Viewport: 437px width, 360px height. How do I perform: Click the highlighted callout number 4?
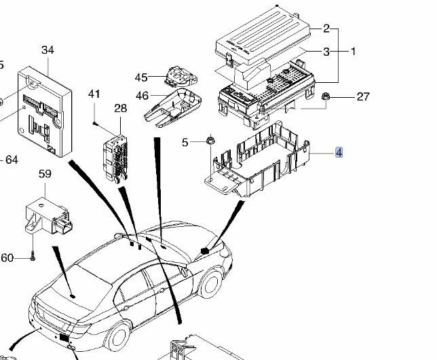click(339, 153)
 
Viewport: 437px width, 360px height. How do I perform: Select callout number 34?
click(47, 50)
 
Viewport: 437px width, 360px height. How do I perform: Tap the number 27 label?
click(363, 96)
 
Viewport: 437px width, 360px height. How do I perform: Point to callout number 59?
click(45, 174)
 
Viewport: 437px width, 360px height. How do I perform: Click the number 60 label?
click(7, 257)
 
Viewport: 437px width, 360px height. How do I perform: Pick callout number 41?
click(94, 94)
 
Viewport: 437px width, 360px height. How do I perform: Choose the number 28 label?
click(120, 109)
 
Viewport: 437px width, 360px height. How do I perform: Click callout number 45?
click(140, 78)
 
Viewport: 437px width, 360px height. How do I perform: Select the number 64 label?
click(11, 160)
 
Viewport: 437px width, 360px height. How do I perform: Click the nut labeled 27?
click(326, 97)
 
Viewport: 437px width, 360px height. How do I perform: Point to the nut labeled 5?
click(210, 141)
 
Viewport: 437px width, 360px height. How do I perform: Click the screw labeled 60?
click(32, 256)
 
